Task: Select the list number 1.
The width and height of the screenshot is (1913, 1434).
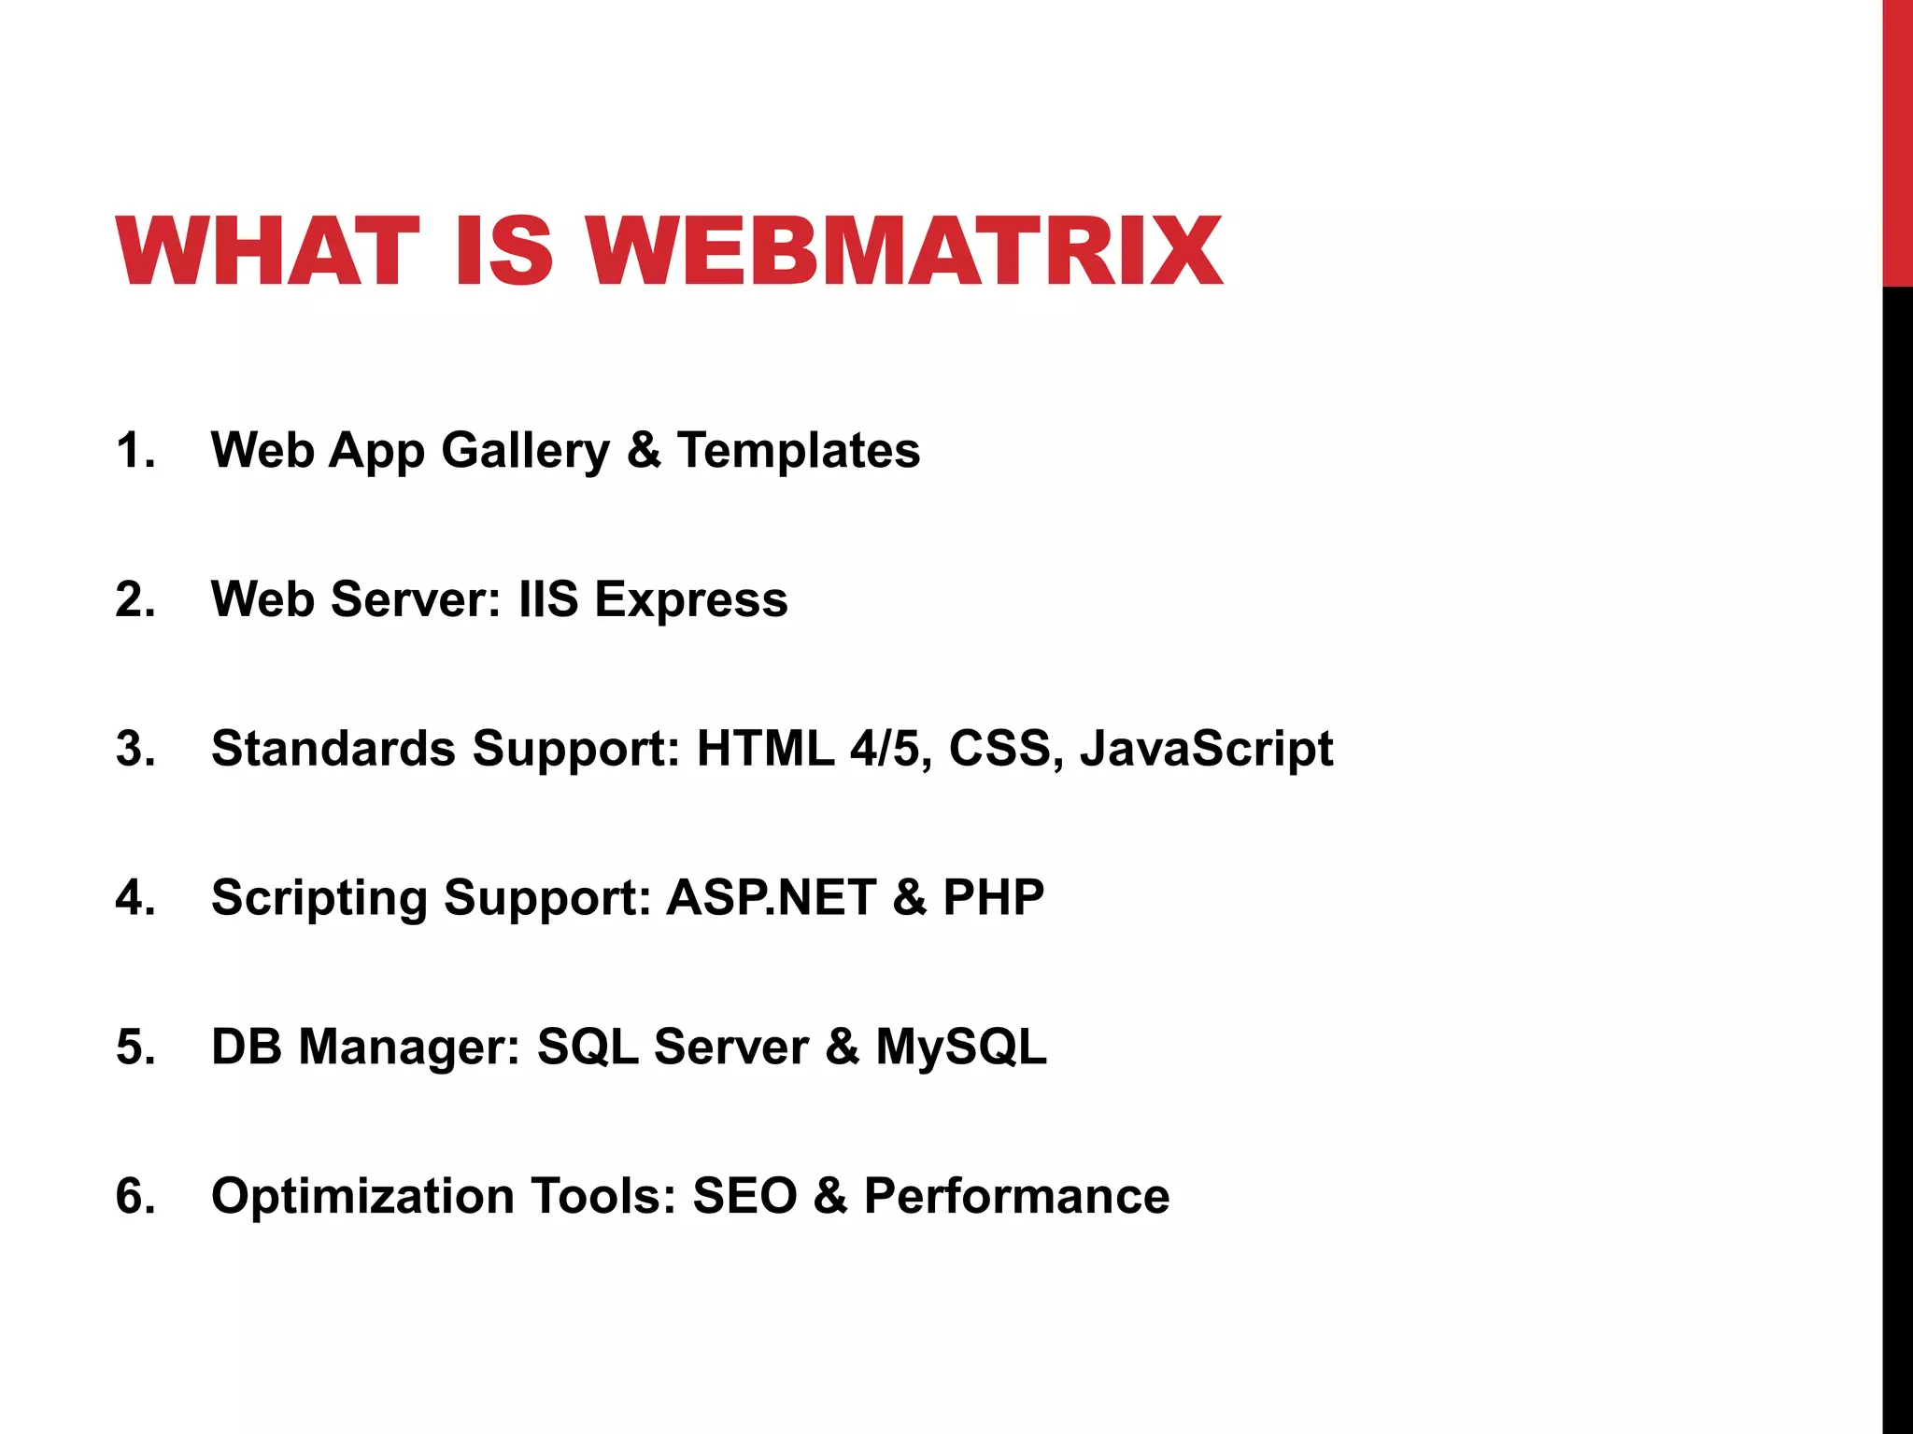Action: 134,450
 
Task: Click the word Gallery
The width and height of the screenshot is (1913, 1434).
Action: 525,452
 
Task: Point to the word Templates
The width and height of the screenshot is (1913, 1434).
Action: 799,452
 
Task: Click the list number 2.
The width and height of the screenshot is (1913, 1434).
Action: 134,599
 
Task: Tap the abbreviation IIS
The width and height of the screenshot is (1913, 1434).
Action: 548,599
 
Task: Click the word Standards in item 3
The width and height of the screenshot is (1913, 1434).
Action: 333,749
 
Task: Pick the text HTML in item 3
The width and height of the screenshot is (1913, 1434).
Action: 765,749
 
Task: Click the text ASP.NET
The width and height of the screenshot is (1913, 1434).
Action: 771,897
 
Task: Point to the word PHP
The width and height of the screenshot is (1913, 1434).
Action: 993,897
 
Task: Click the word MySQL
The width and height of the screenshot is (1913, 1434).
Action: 960,1047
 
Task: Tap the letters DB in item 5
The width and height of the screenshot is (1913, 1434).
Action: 246,1047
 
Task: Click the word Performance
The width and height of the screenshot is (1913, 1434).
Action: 1016,1196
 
